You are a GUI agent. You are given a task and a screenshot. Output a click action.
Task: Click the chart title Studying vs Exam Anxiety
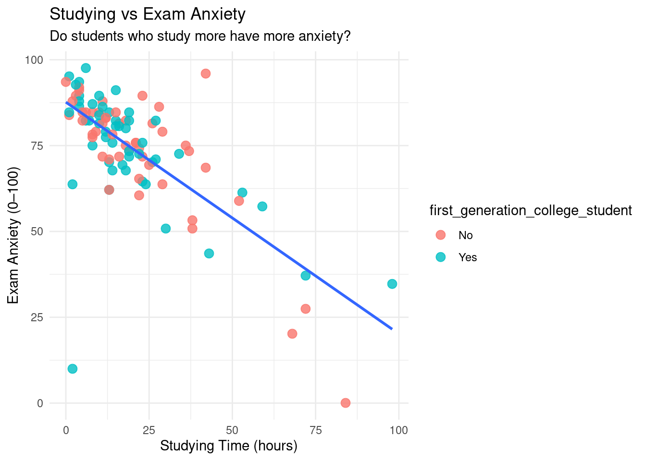[x=148, y=14]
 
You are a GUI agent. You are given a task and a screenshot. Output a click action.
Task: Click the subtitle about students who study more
[x=200, y=36]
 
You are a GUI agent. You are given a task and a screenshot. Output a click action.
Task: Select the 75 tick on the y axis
[x=37, y=146]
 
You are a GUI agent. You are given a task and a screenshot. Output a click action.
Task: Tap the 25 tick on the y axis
[x=37, y=317]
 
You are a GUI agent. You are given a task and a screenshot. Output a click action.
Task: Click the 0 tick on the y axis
[x=40, y=403]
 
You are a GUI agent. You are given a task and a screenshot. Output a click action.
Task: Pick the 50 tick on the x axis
[x=232, y=430]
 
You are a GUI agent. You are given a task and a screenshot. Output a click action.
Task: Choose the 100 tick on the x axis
[x=398, y=430]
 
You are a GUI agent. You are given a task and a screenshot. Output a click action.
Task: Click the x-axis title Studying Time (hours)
[x=229, y=446]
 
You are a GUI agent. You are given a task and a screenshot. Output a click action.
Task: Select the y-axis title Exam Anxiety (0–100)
[x=13, y=235]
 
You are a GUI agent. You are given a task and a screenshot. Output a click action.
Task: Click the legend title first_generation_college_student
[x=531, y=210]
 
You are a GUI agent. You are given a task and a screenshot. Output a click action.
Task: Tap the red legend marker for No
[x=440, y=235]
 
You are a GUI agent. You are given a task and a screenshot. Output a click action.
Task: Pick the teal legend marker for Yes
[x=440, y=257]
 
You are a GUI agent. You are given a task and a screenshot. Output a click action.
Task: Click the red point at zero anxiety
[x=346, y=403]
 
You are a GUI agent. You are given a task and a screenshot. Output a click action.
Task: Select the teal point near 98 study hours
[x=392, y=284]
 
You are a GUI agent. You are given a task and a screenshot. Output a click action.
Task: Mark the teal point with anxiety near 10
[x=73, y=369]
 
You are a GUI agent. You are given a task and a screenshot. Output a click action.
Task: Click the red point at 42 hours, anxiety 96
[x=206, y=73]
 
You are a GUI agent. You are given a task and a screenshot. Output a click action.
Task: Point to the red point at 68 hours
[x=292, y=334]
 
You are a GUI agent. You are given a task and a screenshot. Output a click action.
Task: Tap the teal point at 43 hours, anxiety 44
[x=209, y=254]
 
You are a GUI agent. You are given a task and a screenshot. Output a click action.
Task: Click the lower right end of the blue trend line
[x=392, y=328]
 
